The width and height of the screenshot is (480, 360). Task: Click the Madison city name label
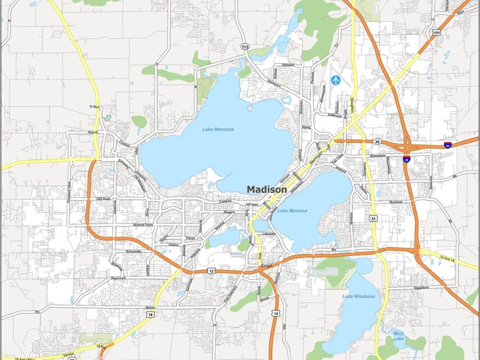pos(267,189)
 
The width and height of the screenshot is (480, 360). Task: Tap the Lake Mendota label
pos(218,129)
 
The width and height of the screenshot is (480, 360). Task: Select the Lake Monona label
pos(292,211)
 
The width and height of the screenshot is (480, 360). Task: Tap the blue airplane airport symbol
pos(335,81)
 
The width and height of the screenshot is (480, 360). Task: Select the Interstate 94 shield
pos(447,145)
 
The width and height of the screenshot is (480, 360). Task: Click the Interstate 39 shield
pos(407,159)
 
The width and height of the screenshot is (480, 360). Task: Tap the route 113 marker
pos(245,47)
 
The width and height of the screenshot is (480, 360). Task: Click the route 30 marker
pos(377,142)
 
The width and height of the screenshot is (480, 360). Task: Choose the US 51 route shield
pos(373,219)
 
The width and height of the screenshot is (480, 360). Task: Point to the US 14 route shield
pos(277,314)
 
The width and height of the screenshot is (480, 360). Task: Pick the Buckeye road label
pos(395,202)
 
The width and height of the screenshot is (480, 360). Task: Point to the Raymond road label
pos(118,278)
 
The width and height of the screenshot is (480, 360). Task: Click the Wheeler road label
pos(288,65)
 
